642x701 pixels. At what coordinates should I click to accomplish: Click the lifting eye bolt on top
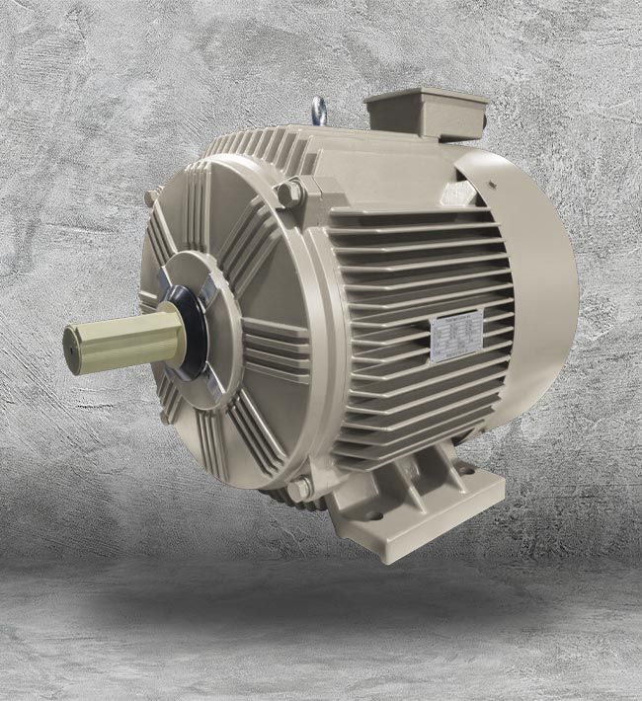click(318, 110)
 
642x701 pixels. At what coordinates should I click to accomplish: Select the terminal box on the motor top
click(426, 115)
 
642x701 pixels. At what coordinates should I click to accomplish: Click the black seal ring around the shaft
click(198, 341)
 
